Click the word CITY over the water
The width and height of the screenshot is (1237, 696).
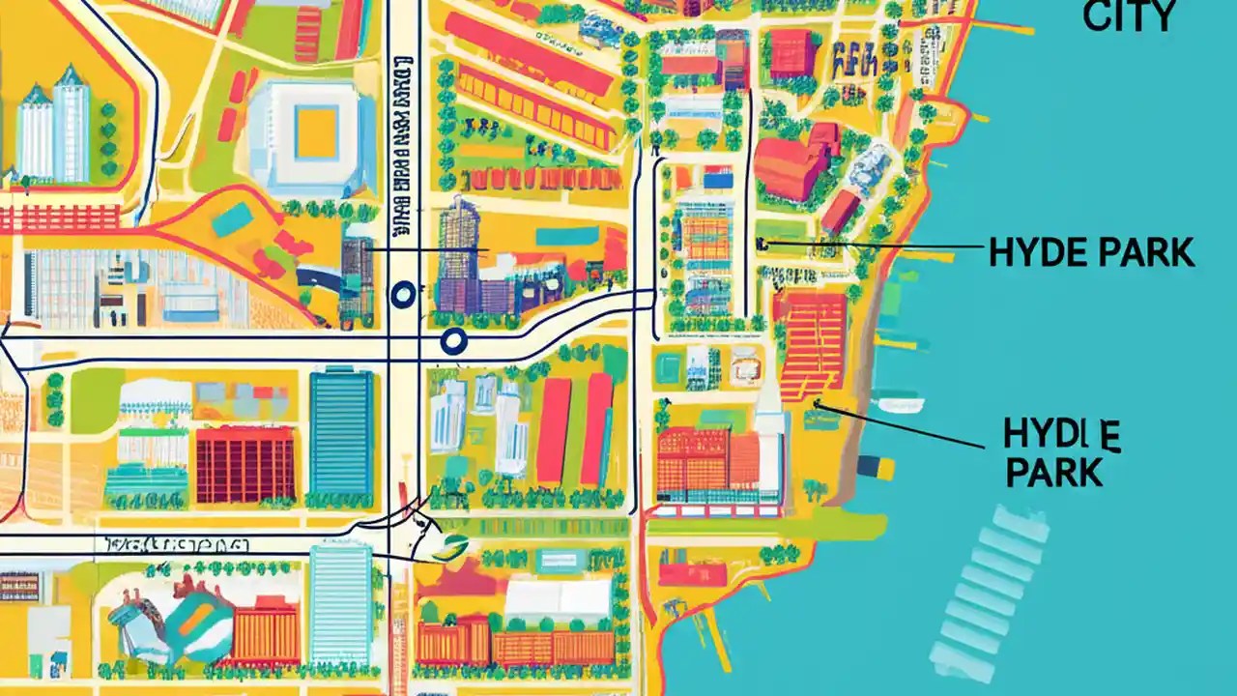click(1129, 15)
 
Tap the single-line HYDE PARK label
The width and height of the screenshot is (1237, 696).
click(1091, 253)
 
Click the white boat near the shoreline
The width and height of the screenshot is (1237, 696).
click(898, 404)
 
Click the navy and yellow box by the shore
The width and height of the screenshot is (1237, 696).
click(876, 466)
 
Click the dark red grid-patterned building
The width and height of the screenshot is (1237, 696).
click(245, 465)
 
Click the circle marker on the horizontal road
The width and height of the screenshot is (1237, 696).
click(452, 339)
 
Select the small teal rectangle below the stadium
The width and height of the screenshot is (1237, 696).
click(232, 220)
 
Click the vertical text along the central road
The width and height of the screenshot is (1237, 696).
click(400, 155)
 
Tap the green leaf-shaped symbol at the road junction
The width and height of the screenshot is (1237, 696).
click(450, 547)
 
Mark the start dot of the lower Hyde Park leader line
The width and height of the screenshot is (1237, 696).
click(818, 403)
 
